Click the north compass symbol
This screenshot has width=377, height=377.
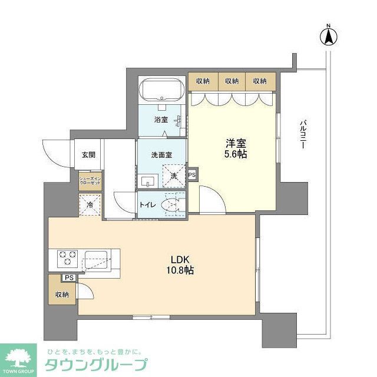pyautogui.click(x=329, y=36)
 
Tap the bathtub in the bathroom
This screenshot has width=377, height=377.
pyautogui.click(x=162, y=91)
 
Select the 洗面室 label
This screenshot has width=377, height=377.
pyautogui.click(x=161, y=156)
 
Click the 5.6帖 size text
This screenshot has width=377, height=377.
pyautogui.click(x=236, y=154)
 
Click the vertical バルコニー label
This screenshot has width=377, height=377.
pyautogui.click(x=302, y=135)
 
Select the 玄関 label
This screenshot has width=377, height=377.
pyautogui.click(x=88, y=156)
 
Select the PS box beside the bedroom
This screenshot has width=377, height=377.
pyautogui.click(x=192, y=175)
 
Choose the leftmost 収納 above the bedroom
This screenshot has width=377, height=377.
pyautogui.click(x=203, y=81)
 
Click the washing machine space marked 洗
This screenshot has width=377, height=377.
pyautogui.click(x=174, y=176)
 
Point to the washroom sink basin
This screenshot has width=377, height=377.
pyautogui.click(x=148, y=180)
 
